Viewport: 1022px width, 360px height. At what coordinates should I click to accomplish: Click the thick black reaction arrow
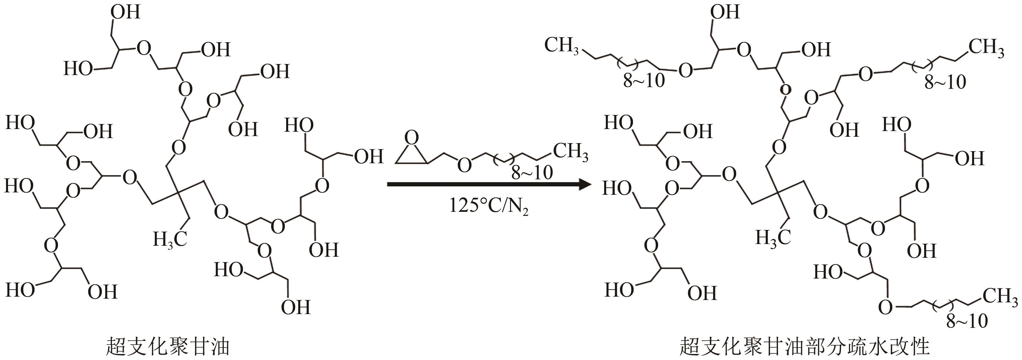488,184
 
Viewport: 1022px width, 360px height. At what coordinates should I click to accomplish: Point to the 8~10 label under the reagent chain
532,173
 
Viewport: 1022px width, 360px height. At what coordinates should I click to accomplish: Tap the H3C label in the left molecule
170,240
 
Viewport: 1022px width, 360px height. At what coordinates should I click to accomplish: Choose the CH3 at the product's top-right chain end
986,48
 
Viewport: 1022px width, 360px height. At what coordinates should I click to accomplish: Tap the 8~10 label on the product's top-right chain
945,82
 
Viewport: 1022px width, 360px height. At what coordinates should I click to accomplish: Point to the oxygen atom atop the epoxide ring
412,138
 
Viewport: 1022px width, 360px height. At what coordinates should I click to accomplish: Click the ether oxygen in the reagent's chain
464,165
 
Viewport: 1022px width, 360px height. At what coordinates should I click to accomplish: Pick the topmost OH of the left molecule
125,12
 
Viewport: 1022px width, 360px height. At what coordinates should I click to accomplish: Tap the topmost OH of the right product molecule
725,12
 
